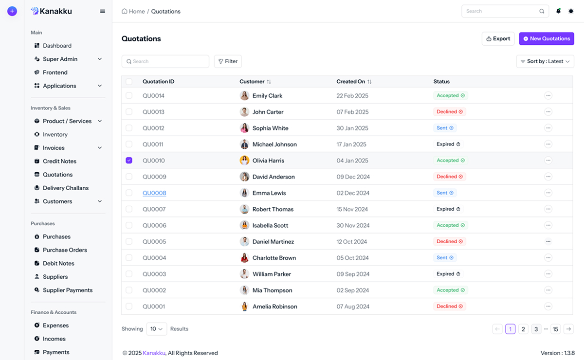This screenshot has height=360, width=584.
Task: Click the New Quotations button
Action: point(546,38)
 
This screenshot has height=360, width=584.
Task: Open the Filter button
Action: point(228,61)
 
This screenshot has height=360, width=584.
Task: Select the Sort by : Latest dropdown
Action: point(545,61)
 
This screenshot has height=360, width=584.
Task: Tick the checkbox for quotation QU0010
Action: point(129,161)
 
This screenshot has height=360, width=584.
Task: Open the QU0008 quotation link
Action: point(154,193)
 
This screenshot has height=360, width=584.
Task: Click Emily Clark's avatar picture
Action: point(245,96)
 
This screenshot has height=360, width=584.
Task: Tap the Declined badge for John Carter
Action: point(450,112)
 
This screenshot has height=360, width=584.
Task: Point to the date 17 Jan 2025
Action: point(351,144)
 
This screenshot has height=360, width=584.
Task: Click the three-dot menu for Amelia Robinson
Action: point(548,306)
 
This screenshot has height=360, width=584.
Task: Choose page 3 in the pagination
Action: point(536,329)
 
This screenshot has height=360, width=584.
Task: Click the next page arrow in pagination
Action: point(568,329)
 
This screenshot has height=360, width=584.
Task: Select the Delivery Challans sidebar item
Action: point(65,188)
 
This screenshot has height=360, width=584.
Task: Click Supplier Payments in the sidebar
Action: point(67,290)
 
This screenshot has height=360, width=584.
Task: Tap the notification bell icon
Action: point(558,11)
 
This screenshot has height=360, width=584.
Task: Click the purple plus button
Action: point(12,11)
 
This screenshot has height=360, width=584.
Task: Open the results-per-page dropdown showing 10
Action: point(156,329)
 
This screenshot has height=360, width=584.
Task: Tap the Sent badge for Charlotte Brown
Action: point(445,258)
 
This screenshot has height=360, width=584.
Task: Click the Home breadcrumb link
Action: point(133,11)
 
